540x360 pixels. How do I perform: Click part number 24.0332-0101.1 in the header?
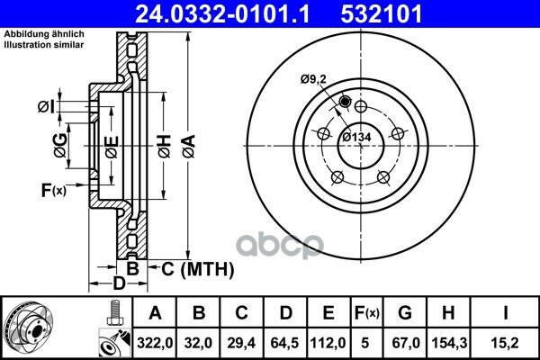(223, 14)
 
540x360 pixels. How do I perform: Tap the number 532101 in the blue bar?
(382, 14)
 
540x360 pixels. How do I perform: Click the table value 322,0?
(155, 343)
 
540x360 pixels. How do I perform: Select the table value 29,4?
(241, 343)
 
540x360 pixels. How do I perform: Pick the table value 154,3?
(449, 343)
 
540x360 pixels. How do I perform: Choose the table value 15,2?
(505, 343)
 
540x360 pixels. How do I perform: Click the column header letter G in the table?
(405, 313)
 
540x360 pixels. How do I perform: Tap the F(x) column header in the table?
(366, 313)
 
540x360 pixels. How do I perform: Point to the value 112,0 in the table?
(328, 343)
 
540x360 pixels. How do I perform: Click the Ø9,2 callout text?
(313, 79)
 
